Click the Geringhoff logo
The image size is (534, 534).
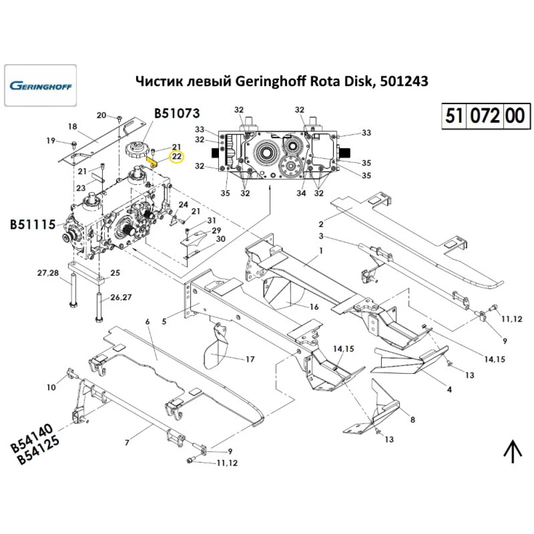(x=41, y=85)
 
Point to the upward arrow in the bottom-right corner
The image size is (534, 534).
(x=513, y=452)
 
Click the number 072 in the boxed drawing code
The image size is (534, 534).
(x=486, y=115)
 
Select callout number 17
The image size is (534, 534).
(x=250, y=359)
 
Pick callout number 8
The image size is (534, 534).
(x=412, y=420)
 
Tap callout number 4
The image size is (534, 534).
(x=449, y=390)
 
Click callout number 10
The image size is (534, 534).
(x=51, y=387)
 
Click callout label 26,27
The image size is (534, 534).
(x=120, y=297)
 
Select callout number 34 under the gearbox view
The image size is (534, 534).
(x=302, y=193)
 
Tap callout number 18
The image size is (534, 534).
(x=73, y=127)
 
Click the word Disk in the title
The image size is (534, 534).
(x=358, y=81)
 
